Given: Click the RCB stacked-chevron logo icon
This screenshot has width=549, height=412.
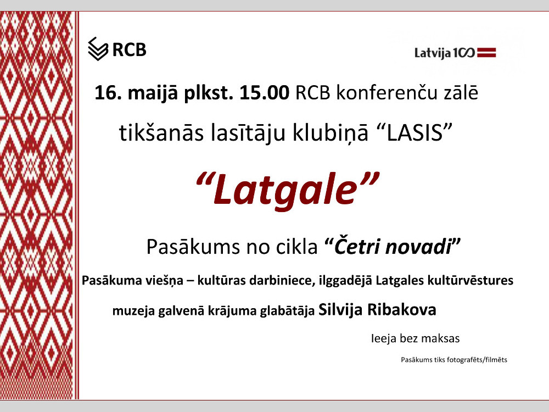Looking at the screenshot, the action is (98, 49).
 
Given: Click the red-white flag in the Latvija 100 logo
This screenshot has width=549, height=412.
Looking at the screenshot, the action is (486, 53).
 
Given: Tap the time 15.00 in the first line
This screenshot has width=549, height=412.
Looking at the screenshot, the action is (265, 93).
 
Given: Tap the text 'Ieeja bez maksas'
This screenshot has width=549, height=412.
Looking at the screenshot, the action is (415, 338).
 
